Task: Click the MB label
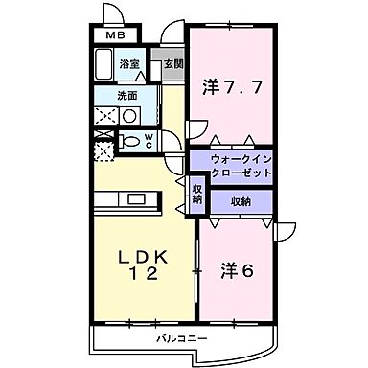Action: coord(115,37)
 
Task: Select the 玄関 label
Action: coord(173,64)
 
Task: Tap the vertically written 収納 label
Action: coord(196,195)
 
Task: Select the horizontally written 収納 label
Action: coord(241,201)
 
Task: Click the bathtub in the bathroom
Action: coord(104,67)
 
